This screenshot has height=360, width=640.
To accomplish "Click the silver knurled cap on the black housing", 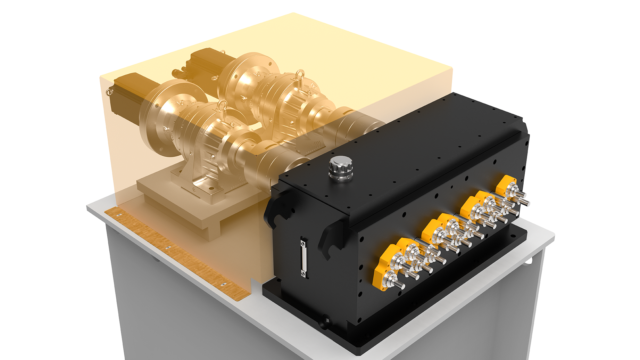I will pyautogui.click(x=341, y=168).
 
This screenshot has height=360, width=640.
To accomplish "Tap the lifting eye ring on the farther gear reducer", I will pyautogui.click(x=300, y=74).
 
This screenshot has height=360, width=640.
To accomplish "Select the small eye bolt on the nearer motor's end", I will pyautogui.click(x=110, y=92).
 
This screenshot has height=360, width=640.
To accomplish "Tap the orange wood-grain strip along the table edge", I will pyautogui.click(x=174, y=250).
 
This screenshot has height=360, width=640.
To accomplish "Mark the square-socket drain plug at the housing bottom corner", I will pyautogui.click(x=326, y=319).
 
